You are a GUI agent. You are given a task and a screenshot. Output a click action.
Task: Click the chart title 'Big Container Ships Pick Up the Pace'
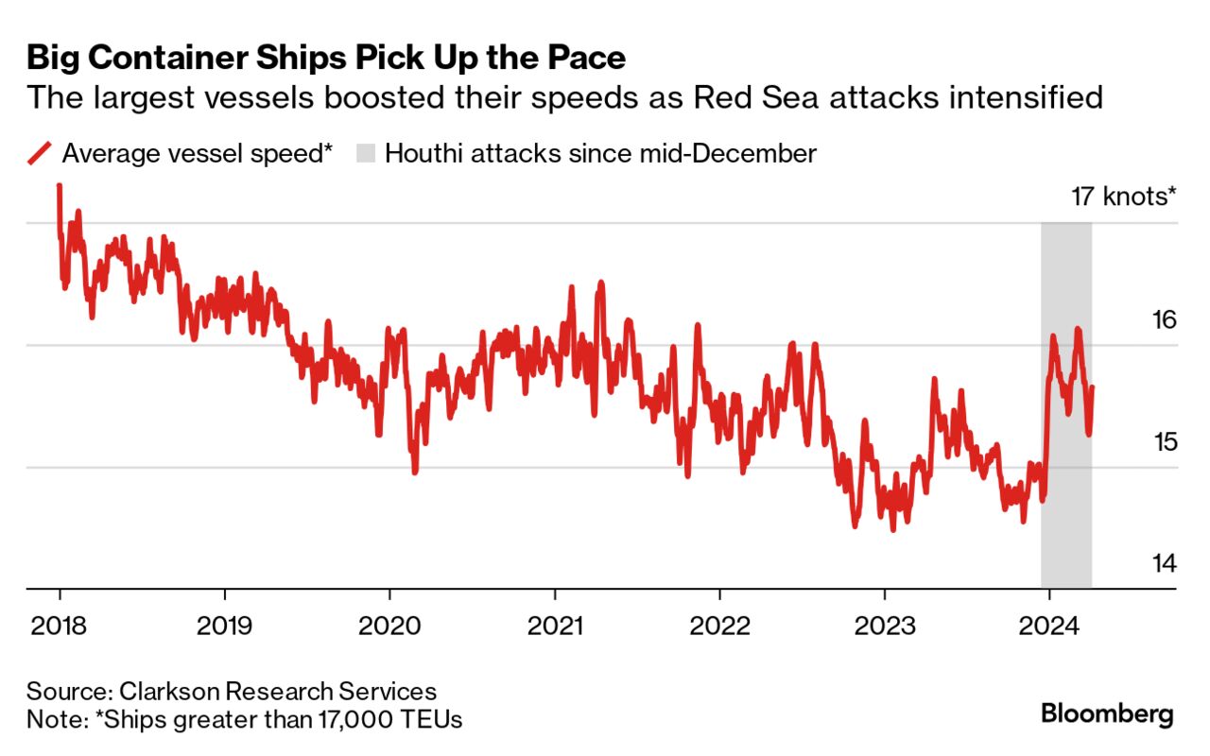[x=326, y=59]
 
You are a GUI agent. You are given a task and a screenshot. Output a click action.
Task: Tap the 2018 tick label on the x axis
[x=60, y=625]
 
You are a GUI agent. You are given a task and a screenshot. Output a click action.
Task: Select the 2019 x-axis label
[x=224, y=625]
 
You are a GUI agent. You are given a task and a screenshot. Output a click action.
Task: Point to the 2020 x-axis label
[x=389, y=625]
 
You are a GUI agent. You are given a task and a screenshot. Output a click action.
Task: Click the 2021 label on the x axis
[x=554, y=625]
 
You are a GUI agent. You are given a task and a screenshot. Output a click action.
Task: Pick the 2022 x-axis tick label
[x=719, y=625]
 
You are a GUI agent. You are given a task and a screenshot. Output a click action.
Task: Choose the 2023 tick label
[x=884, y=625]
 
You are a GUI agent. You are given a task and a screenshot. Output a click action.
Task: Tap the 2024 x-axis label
[x=1049, y=625]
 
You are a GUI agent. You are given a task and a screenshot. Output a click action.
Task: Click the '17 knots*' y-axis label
[x=1123, y=198]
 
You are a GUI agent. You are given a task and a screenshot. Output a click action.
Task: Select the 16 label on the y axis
[x=1165, y=320]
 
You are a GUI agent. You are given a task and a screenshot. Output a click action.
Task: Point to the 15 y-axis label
[x=1165, y=442]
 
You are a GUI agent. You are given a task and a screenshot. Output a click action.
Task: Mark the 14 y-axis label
[x=1165, y=564]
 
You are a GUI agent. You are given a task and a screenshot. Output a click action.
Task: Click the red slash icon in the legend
[x=39, y=153]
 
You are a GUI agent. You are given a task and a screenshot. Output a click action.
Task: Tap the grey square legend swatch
[x=364, y=153]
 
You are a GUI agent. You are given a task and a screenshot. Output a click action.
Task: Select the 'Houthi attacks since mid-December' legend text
[x=600, y=153]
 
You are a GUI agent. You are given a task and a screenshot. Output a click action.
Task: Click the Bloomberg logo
[x=1107, y=713]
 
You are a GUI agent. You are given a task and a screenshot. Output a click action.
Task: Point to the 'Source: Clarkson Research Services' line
[x=232, y=691]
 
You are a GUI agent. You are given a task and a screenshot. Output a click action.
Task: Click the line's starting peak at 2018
[x=59, y=187]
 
